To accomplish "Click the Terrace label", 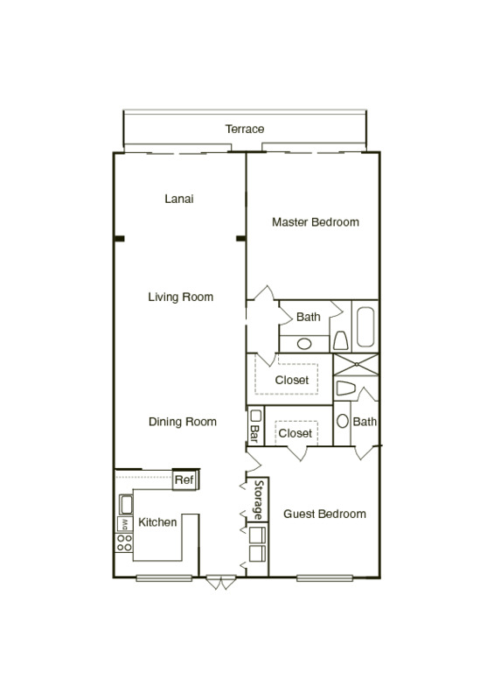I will [244, 129].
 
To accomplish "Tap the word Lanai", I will [179, 199].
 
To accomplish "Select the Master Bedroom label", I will [315, 222].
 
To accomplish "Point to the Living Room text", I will [180, 297].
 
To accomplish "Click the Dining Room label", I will [182, 422].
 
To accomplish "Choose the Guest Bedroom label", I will [324, 514].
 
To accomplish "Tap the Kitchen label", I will [157, 522].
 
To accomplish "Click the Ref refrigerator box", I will [184, 480].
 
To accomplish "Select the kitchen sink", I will [124, 504].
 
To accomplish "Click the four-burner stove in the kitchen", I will [124, 542].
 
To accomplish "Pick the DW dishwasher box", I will [124, 523].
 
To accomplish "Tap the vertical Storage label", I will [259, 500].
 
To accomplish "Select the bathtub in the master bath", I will [365, 326].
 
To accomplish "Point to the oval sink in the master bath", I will [303, 344].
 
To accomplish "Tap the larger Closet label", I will [291, 381].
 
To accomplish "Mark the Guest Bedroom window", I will [324, 577].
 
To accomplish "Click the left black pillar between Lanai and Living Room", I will [119, 237].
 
